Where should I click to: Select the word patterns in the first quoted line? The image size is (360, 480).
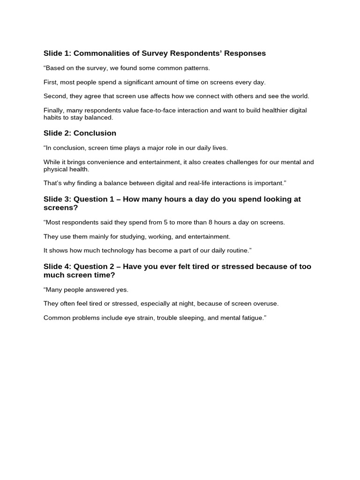tap(198, 68)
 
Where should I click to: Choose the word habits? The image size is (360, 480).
tap(52, 118)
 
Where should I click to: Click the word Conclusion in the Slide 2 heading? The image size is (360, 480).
tap(95, 133)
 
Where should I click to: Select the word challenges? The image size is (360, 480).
tap(233, 162)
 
